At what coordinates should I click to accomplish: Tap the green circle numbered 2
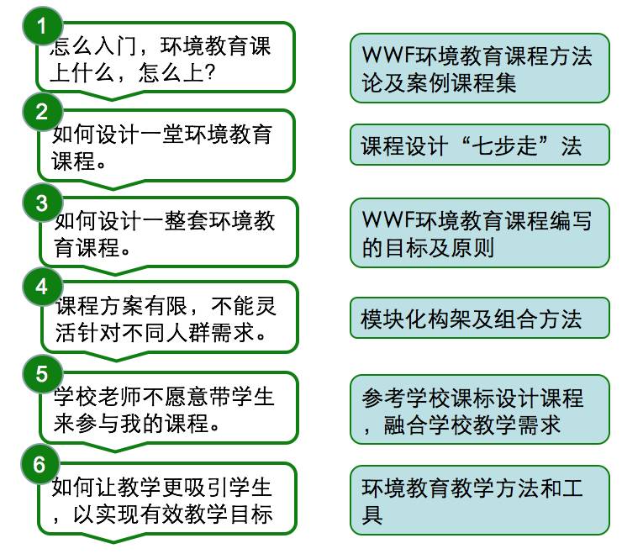coord(42,112)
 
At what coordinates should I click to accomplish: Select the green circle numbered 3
coord(42,202)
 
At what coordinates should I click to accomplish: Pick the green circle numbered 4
coord(42,286)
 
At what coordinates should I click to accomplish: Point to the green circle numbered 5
coord(42,372)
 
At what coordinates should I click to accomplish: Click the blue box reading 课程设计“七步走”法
coord(479,145)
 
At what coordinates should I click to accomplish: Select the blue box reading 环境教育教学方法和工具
coord(479,499)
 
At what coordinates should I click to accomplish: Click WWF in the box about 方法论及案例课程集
coord(385,56)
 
